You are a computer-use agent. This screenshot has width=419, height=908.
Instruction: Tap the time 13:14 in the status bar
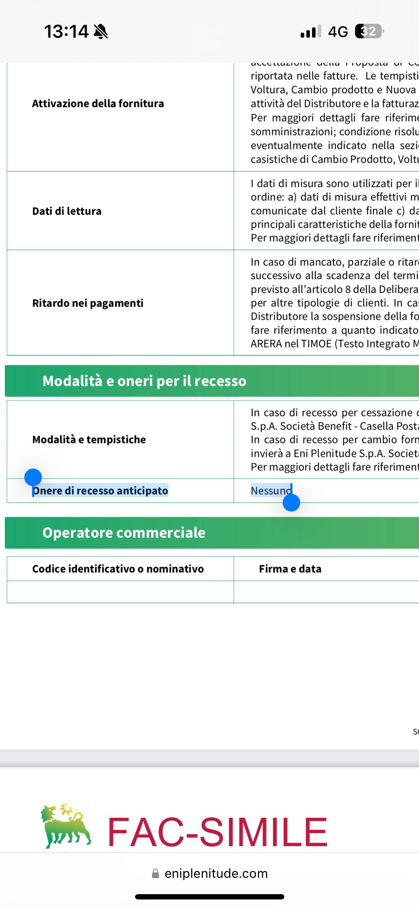pyautogui.click(x=66, y=32)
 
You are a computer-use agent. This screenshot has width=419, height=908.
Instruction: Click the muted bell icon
pyautogui.click(x=101, y=32)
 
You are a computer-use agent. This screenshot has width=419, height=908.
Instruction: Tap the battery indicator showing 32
pyautogui.click(x=369, y=32)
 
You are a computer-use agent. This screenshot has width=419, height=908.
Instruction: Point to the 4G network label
pyautogui.click(x=338, y=32)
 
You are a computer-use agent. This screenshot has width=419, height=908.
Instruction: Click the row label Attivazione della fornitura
pyautogui.click(x=98, y=104)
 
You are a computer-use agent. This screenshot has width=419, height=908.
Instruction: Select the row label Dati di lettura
pyautogui.click(x=67, y=211)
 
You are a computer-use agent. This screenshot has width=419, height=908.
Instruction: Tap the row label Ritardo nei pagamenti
pyautogui.click(x=88, y=303)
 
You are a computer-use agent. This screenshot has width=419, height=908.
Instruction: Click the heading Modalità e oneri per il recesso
pyautogui.click(x=144, y=381)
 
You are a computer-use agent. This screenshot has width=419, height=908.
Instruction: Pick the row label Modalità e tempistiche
pyautogui.click(x=89, y=440)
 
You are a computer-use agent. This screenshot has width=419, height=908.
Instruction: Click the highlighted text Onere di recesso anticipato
pyautogui.click(x=101, y=491)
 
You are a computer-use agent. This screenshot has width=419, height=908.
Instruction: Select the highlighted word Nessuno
pyautogui.click(x=271, y=491)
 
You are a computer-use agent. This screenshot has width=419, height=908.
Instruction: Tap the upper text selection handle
pyautogui.click(x=33, y=477)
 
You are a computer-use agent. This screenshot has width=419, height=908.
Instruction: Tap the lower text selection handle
pyautogui.click(x=291, y=503)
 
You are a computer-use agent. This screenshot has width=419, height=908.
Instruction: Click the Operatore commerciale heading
pyautogui.click(x=124, y=533)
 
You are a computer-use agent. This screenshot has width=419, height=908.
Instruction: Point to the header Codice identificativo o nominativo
pyautogui.click(x=118, y=569)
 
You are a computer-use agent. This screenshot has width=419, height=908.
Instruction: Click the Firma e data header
pyautogui.click(x=290, y=569)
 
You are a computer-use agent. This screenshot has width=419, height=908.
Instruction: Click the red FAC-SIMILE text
pyautogui.click(x=217, y=832)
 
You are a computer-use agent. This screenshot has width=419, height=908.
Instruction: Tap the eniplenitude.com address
pyautogui.click(x=216, y=874)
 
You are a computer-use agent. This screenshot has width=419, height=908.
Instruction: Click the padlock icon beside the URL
pyautogui.click(x=155, y=874)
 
